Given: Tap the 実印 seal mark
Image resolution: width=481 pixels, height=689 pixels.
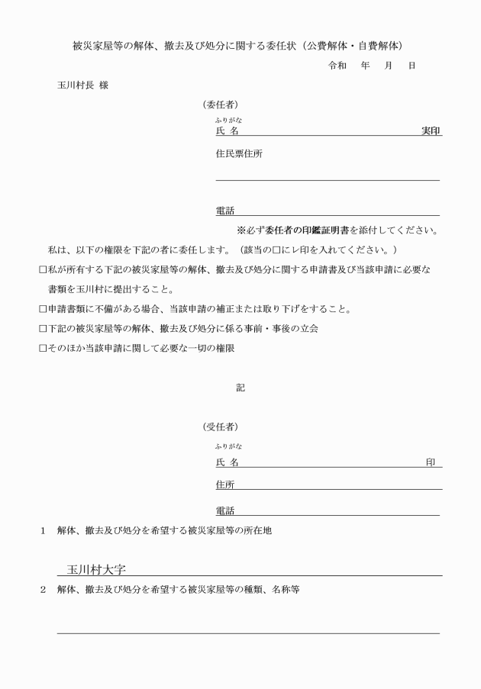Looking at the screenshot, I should click(x=431, y=130).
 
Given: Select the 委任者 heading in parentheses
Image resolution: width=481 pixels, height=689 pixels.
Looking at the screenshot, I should click(x=219, y=105).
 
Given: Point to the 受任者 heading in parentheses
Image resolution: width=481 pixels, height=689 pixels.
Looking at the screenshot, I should click(x=219, y=426).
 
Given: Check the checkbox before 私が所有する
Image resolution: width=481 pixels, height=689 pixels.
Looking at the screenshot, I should click(x=44, y=270).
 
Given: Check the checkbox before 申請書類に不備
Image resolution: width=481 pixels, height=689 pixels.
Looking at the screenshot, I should click(x=44, y=309).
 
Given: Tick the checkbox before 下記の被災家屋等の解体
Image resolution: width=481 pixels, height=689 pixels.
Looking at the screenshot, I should click(x=44, y=329).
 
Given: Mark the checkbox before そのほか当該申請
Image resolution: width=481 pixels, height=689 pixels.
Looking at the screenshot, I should click(x=44, y=348).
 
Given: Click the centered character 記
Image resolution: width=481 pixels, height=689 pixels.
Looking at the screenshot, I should click(x=240, y=388).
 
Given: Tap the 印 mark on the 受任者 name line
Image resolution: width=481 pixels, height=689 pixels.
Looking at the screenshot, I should click(x=431, y=462).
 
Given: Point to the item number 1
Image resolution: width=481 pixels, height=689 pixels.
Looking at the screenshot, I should click(x=44, y=531).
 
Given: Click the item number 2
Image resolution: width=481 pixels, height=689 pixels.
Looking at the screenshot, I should click(x=44, y=589).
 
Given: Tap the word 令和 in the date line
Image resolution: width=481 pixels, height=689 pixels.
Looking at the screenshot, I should click(x=337, y=66).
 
